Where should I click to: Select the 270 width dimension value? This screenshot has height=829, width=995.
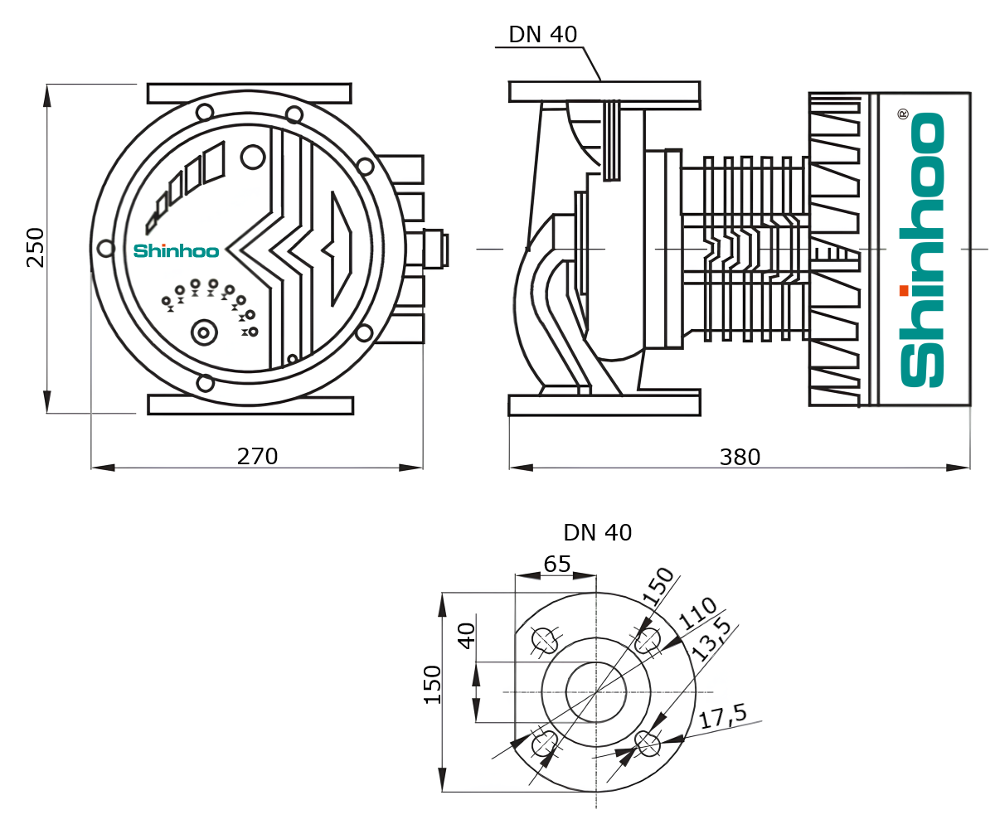click(257, 457)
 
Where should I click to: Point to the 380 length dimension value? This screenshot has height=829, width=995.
click(740, 457)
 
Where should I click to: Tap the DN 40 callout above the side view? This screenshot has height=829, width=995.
click(542, 34)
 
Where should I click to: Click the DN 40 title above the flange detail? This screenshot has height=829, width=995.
click(597, 532)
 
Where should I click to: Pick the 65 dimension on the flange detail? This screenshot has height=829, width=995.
click(556, 565)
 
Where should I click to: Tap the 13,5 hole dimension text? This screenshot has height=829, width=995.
click(712, 640)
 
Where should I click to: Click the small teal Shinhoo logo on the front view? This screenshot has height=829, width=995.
click(176, 250)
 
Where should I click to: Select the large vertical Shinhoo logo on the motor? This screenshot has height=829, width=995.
click(922, 249)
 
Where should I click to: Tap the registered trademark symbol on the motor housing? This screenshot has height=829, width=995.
click(903, 114)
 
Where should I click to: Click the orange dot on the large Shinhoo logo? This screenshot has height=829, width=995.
click(903, 290)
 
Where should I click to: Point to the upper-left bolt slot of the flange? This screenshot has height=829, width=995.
click(544, 640)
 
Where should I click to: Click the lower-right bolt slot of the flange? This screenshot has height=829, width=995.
click(648, 744)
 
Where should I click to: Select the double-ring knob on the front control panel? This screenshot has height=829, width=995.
click(203, 333)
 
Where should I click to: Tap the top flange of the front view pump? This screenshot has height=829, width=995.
click(249, 93)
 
